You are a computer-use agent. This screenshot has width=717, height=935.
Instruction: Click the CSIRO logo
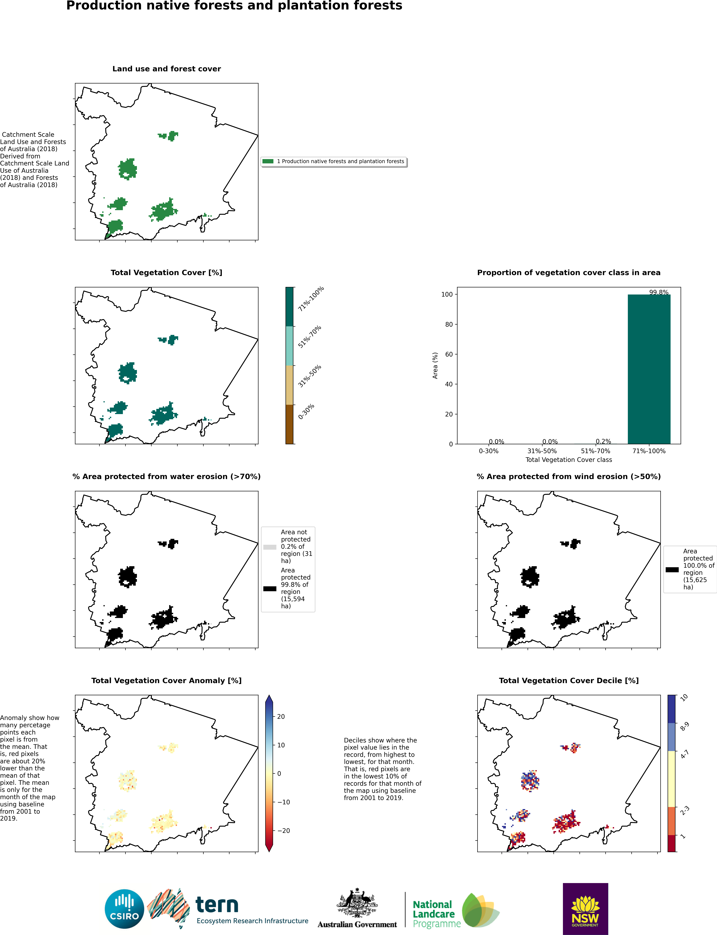(124, 909)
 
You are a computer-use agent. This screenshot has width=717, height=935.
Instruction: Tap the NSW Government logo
(585, 909)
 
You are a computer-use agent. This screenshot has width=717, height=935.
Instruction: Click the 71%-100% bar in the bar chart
(649, 370)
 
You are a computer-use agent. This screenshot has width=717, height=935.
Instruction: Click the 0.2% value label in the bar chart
(603, 441)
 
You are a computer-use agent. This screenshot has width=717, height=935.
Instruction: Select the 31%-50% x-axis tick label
(542, 451)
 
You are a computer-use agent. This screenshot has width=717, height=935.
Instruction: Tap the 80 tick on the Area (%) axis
(449, 324)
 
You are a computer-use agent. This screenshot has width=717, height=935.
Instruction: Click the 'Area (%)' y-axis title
(435, 366)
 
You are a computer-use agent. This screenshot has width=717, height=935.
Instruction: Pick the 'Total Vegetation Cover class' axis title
(569, 460)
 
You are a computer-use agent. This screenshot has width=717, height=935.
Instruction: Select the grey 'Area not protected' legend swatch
(270, 547)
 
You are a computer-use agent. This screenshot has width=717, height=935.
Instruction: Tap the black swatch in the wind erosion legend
(672, 569)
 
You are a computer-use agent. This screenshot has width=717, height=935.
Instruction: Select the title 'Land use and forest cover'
(166, 69)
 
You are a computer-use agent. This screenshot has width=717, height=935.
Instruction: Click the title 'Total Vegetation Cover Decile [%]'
(569, 680)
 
